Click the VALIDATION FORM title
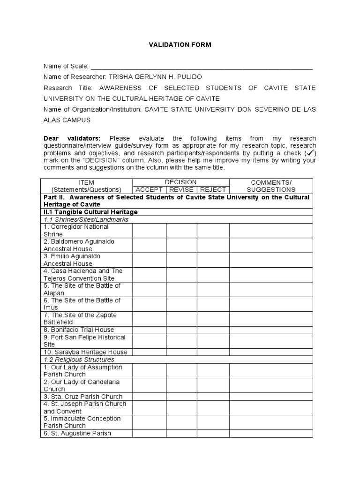tap(180, 45)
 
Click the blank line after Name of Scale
tap(202, 67)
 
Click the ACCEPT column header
tap(149, 190)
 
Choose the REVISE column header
tap(181, 190)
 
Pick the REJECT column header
tap(213, 190)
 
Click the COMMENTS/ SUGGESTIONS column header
tap(271, 186)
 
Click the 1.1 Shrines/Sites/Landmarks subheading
tap(86, 219)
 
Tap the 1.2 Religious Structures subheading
tap(79, 360)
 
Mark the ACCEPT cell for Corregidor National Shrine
tap(149, 231)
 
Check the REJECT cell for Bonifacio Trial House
tap(213, 330)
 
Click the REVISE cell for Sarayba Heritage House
tap(181, 352)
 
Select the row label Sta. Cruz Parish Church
tap(82, 397)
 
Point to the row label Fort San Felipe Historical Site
tap(84, 341)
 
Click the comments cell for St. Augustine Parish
tap(271, 434)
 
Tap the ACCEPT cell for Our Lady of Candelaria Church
tap(149, 385)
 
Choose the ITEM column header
tap(87, 186)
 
